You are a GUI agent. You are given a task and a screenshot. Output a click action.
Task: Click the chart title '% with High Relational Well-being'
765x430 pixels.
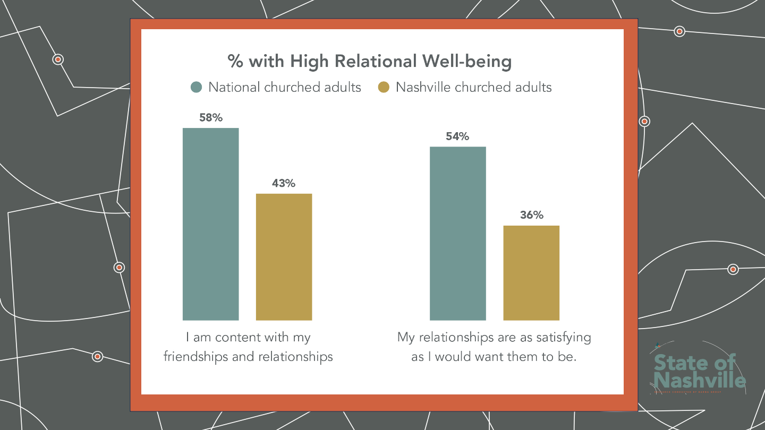[x=370, y=62]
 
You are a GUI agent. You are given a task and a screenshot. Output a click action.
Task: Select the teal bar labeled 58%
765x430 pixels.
[x=210, y=224]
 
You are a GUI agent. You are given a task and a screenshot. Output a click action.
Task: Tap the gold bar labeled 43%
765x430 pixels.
[x=284, y=257]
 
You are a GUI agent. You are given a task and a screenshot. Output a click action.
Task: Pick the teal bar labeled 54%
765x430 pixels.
[x=457, y=234]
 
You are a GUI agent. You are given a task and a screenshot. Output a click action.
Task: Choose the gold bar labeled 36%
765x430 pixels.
[x=531, y=273]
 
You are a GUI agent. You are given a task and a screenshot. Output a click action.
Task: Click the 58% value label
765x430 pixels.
[x=211, y=118]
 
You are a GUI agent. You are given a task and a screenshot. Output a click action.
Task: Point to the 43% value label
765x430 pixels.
[x=284, y=184]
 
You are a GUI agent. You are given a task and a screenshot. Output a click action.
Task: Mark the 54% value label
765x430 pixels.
[x=457, y=136]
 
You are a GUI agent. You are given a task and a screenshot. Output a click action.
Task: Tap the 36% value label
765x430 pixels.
[x=531, y=215]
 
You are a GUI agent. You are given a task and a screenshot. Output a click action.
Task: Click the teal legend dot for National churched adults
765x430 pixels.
[x=197, y=87]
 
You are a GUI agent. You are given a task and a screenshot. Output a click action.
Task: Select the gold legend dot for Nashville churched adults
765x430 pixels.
[x=384, y=87]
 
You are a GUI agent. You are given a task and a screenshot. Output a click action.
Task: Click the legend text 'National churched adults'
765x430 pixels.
[x=285, y=87]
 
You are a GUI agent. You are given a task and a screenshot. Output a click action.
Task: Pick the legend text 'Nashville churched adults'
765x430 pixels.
[x=474, y=87]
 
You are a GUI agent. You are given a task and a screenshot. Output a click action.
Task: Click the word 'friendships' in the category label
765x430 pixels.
[x=195, y=356]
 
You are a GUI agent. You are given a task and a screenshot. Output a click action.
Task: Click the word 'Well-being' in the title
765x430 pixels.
[x=467, y=62]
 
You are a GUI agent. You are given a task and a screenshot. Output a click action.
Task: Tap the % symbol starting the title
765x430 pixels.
[x=235, y=62]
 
